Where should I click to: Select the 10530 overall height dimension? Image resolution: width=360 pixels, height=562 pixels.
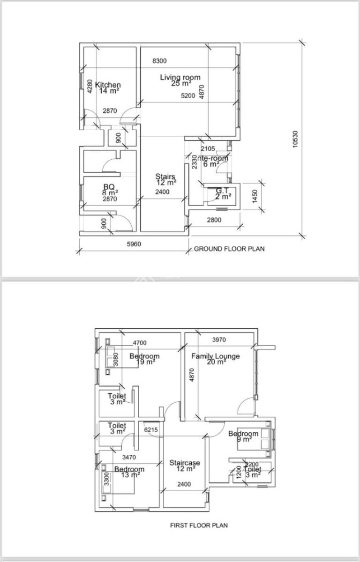point(295,139)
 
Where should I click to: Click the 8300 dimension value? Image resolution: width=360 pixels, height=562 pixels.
point(159,60)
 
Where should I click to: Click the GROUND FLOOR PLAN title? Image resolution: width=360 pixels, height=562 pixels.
point(229,249)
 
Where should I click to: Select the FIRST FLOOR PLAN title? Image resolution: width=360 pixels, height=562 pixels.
point(199,525)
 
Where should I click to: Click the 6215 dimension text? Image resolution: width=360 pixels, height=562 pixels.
point(151,429)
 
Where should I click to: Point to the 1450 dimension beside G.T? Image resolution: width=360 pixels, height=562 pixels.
point(255,196)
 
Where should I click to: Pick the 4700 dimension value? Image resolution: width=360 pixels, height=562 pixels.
point(140,343)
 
